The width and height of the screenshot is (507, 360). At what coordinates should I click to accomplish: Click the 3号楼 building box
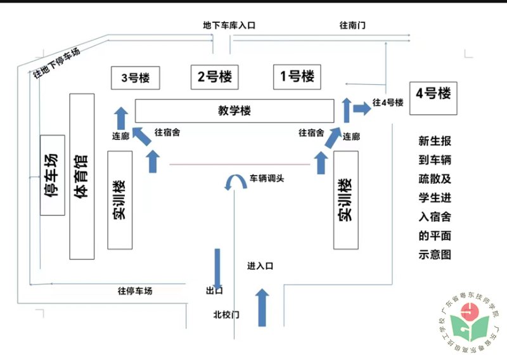[134, 79]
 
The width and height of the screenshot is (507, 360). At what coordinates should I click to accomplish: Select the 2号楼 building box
[214, 77]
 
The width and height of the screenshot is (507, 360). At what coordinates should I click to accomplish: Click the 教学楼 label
[234, 111]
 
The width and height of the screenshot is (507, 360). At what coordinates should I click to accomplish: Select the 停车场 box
[53, 175]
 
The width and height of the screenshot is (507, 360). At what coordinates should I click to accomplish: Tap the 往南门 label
[352, 25]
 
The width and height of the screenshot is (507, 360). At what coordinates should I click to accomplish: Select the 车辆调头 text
[266, 178]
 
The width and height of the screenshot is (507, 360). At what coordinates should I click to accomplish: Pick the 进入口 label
[260, 267]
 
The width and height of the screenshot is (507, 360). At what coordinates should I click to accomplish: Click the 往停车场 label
[135, 291]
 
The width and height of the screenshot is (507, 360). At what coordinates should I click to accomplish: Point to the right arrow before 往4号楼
[362, 108]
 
